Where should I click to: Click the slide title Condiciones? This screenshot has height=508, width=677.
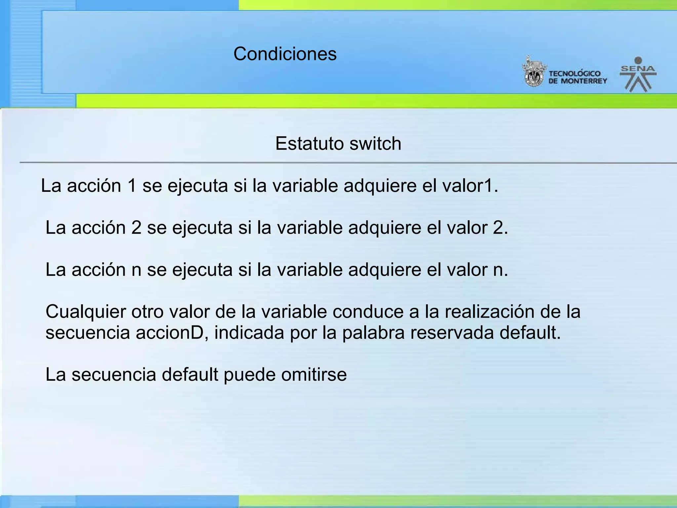pos(285,54)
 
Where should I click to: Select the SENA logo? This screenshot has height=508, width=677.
pos(638,74)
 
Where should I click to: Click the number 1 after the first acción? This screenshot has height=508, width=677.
pos(132,186)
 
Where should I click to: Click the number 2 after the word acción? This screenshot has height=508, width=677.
pos(136,228)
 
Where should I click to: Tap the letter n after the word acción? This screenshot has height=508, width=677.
pos(136,270)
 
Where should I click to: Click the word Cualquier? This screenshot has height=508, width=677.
pos(86,312)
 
